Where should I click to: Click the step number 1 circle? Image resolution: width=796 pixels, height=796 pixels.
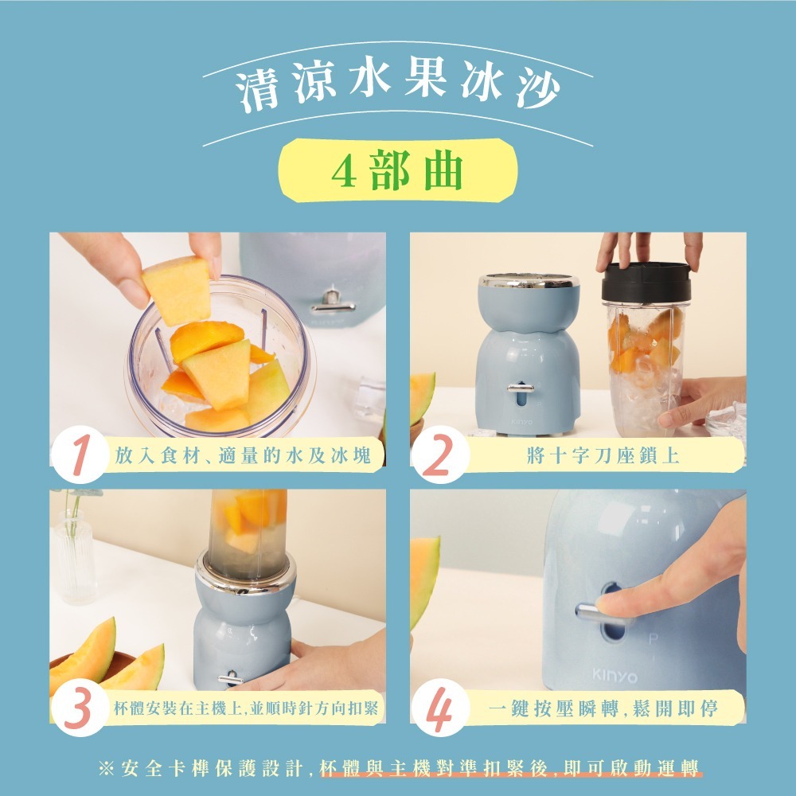click(x=79, y=455)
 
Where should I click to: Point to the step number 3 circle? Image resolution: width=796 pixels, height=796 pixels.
click(x=79, y=708)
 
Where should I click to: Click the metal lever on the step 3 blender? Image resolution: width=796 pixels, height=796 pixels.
click(x=232, y=677)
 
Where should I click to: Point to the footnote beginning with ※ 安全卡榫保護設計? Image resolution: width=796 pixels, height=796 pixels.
click(x=398, y=769)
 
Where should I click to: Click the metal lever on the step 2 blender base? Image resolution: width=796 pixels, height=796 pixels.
click(x=521, y=388)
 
